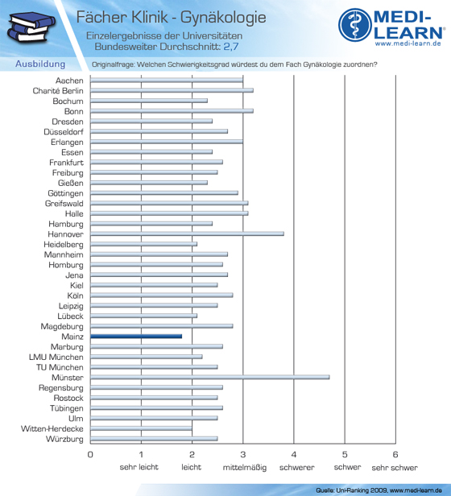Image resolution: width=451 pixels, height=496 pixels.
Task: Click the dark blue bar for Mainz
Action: tap(136, 337)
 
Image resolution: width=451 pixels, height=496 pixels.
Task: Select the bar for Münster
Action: tap(210, 377)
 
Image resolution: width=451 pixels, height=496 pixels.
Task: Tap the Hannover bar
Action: tap(187, 234)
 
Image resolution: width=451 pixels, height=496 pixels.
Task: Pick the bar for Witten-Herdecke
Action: tap(141, 428)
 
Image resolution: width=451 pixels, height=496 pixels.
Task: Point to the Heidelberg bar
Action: tap(143, 244)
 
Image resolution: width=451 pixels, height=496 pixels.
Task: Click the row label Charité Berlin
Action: tap(58, 91)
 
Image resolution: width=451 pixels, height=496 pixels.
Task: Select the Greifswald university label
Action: tap(64, 204)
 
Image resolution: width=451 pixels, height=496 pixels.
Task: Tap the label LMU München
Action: tap(56, 357)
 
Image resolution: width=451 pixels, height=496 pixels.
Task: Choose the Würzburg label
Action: tap(64, 439)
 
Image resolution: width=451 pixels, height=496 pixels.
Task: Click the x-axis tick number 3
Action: tap(242, 455)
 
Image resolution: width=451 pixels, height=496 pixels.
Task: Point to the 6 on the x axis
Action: tap(395, 455)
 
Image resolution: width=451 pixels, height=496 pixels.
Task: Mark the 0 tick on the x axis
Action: tap(90, 455)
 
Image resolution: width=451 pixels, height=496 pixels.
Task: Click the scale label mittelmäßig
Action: tap(245, 467)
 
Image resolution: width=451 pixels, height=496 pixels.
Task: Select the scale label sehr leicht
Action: tap(139, 467)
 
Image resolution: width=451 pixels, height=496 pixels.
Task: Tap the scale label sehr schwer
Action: tap(395, 468)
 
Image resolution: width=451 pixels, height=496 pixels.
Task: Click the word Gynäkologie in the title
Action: tap(223, 18)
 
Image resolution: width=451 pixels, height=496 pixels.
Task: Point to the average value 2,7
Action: tap(231, 47)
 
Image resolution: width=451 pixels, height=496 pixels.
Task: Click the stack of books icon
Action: tap(31, 27)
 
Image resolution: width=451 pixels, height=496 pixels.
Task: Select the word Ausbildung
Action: tap(40, 64)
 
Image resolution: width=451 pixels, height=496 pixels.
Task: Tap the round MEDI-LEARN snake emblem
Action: tap(355, 25)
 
